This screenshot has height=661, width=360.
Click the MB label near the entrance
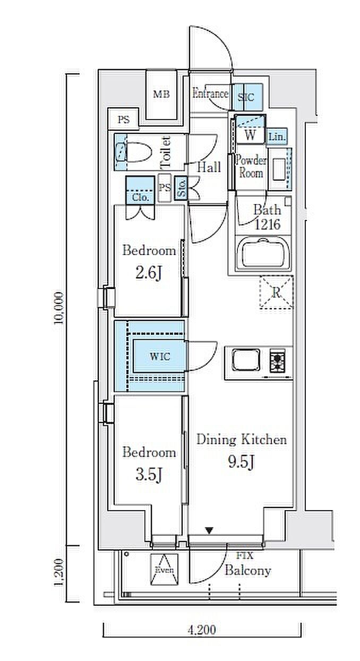[x=161, y=95]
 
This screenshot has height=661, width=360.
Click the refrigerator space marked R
[x=276, y=292]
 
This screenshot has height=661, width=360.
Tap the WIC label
[x=160, y=357]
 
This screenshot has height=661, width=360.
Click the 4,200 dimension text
[x=202, y=629]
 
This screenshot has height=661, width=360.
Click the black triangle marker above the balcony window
[x=209, y=531]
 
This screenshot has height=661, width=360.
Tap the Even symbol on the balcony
[x=165, y=569]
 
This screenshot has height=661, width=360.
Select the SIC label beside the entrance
[x=246, y=97]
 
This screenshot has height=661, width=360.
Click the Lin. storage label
[x=277, y=137]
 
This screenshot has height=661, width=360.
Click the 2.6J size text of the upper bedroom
[x=148, y=274]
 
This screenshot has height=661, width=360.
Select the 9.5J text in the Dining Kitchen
[x=242, y=462]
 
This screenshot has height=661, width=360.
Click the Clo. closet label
[x=140, y=198]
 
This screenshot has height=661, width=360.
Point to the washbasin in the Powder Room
[x=278, y=169]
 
